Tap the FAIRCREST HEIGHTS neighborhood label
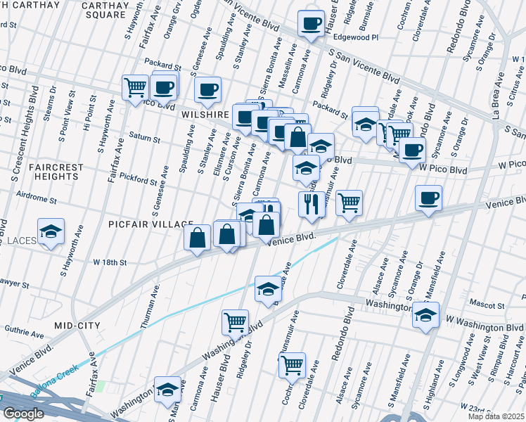tap(46, 173)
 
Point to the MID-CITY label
tap(77, 326)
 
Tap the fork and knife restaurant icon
tap(312, 203)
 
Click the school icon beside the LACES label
tap(51, 233)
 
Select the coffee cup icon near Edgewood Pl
tap(309, 23)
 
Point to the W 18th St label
tap(110, 262)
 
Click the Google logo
tap(23, 414)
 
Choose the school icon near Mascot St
tap(425, 315)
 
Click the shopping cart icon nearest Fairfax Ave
tap(134, 88)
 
